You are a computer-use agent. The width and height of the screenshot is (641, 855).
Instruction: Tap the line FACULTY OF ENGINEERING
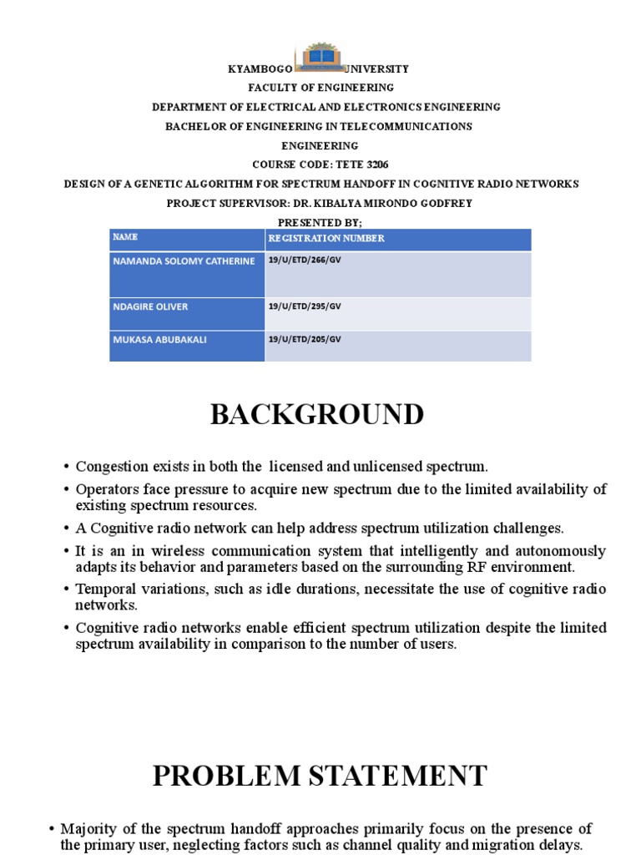[320, 88]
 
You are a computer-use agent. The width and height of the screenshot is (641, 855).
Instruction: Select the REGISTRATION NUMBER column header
[326, 239]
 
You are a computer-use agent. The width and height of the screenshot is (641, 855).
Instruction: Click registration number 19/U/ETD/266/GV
[305, 261]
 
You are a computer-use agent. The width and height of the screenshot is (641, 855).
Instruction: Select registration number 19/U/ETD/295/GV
[305, 306]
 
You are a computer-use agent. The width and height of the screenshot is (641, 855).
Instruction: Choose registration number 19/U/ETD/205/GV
[305, 339]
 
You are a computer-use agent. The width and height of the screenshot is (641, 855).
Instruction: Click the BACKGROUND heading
[316, 414]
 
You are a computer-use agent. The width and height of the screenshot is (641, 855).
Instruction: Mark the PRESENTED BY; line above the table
[320, 222]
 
